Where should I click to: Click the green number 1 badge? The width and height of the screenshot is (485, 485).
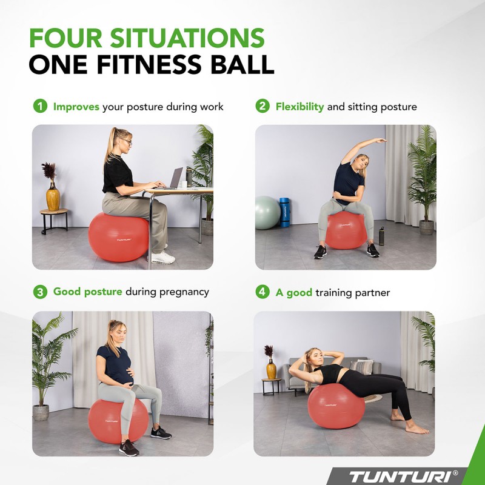pos(39,106)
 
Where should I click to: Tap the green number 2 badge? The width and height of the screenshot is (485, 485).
pos(262,106)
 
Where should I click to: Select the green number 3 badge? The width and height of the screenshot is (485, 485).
pos(39,292)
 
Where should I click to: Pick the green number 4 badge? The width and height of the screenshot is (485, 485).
pos(262,292)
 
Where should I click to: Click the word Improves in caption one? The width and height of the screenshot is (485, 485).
pos(76,107)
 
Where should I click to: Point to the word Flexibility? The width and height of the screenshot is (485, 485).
pos(299,107)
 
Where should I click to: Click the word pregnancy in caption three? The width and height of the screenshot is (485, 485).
pos(184,292)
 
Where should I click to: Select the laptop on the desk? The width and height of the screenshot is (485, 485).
pos(175,179)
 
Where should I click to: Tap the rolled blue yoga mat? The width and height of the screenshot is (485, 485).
pos(284,213)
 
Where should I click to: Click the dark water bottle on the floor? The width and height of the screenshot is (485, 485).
pos(381,236)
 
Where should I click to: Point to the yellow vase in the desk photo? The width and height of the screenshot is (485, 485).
pos(53,197)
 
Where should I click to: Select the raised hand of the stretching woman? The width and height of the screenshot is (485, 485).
pos(380,141)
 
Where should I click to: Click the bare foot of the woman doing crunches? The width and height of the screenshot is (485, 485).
pos(418,429)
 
